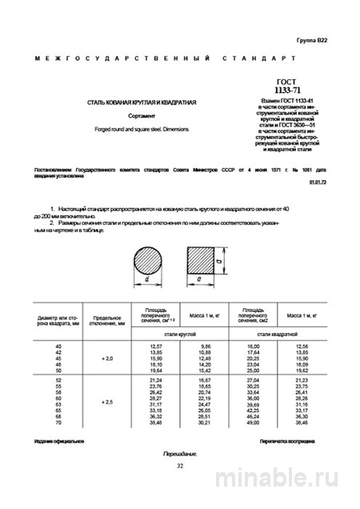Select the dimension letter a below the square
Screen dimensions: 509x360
(x=199, y=281)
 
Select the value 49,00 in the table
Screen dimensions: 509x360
(x=254, y=422)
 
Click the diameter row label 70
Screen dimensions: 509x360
(x=58, y=422)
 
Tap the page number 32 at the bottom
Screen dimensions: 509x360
(x=179, y=466)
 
